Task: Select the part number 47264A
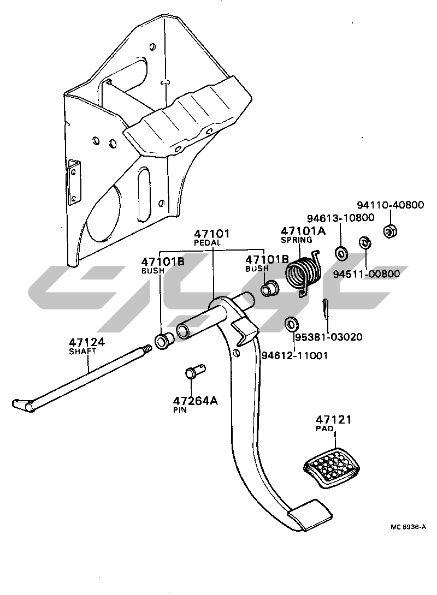coord(196,401)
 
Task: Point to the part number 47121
coord(333,420)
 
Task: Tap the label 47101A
coord(303,231)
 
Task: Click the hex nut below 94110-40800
coord(390,230)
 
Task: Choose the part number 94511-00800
coord(369,273)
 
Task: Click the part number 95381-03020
coord(328,337)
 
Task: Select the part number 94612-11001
coord(295,355)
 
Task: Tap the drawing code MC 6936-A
coord(408,527)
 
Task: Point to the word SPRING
coord(296,240)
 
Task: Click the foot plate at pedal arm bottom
coord(309,514)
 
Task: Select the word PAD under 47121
coord(323,429)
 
